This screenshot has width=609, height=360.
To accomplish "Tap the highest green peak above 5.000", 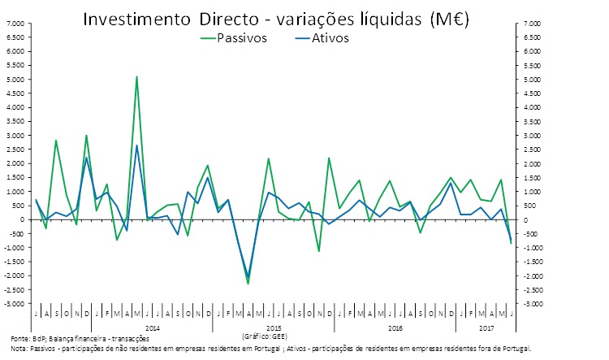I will click(x=136, y=77).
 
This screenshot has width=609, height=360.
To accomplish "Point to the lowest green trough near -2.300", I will click(x=248, y=284).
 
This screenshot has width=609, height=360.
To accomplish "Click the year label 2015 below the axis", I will click(x=273, y=327).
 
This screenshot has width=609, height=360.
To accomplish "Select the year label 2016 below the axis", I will click(x=395, y=327).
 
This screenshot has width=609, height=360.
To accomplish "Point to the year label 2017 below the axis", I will click(x=486, y=327).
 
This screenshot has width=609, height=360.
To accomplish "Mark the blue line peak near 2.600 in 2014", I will click(x=136, y=146).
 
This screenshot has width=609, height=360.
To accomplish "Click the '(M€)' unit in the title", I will click(x=447, y=18).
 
